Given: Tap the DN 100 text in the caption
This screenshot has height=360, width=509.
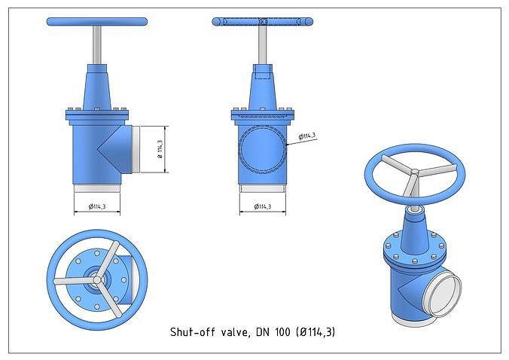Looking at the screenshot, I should (273, 331).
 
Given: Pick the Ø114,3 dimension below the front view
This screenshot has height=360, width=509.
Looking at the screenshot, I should (96, 206).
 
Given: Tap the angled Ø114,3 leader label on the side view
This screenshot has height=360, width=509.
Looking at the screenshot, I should (307, 136).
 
